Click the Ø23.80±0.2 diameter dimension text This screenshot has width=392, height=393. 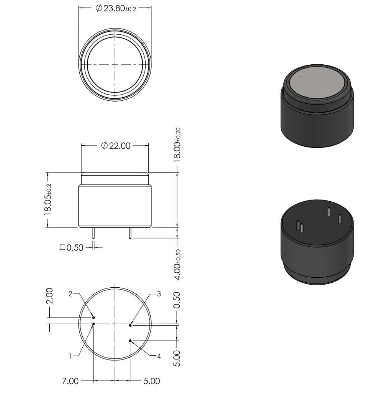(x=116, y=8)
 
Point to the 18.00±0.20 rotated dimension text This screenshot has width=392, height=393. (x=178, y=145)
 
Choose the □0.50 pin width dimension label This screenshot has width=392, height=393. (x=71, y=248)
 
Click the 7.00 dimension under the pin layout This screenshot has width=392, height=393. (x=70, y=381)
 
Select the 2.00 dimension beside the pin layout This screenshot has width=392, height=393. (x=49, y=296)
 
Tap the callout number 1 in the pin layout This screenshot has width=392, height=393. (x=70, y=356)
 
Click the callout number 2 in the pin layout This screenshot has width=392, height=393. (x=70, y=294)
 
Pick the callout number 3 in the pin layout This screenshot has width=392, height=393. (x=159, y=294)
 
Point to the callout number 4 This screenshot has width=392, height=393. (x=159, y=356)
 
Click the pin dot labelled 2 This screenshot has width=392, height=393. (x=94, y=318)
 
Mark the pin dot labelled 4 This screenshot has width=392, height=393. (x=130, y=341)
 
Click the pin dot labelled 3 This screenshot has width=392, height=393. (x=130, y=325)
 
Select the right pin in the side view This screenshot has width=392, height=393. (x=130, y=233)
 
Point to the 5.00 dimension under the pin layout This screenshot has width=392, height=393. (x=152, y=381)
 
